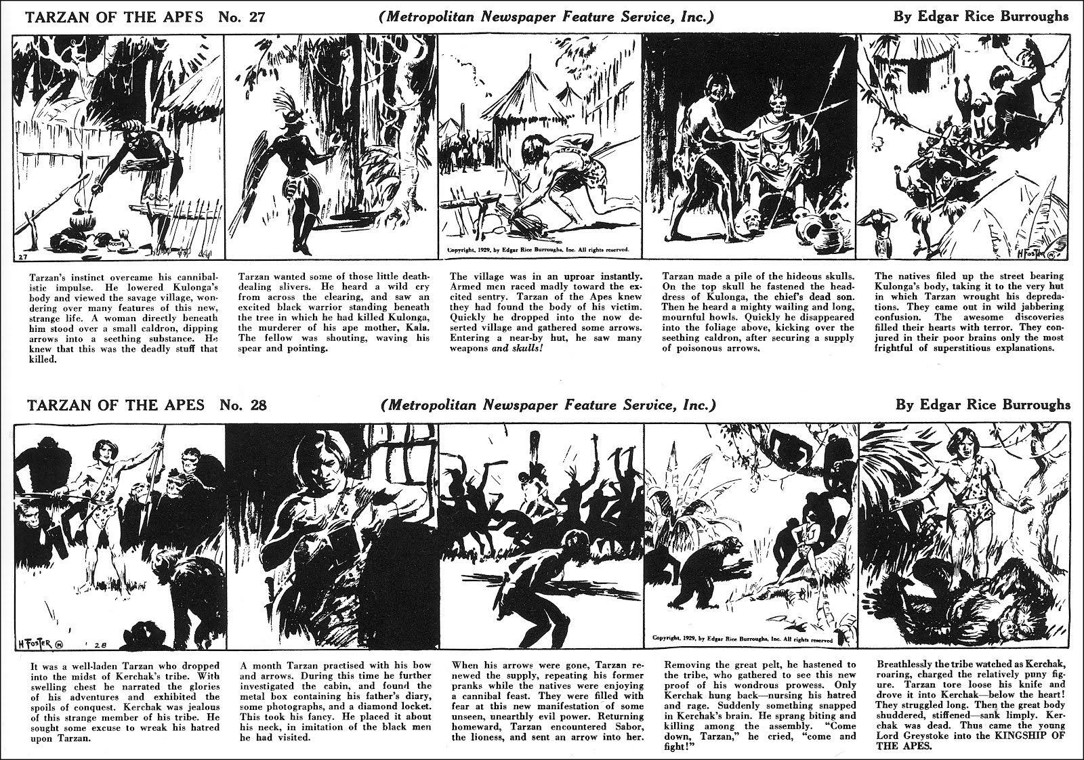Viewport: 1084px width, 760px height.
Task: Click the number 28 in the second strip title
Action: coord(255,406)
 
